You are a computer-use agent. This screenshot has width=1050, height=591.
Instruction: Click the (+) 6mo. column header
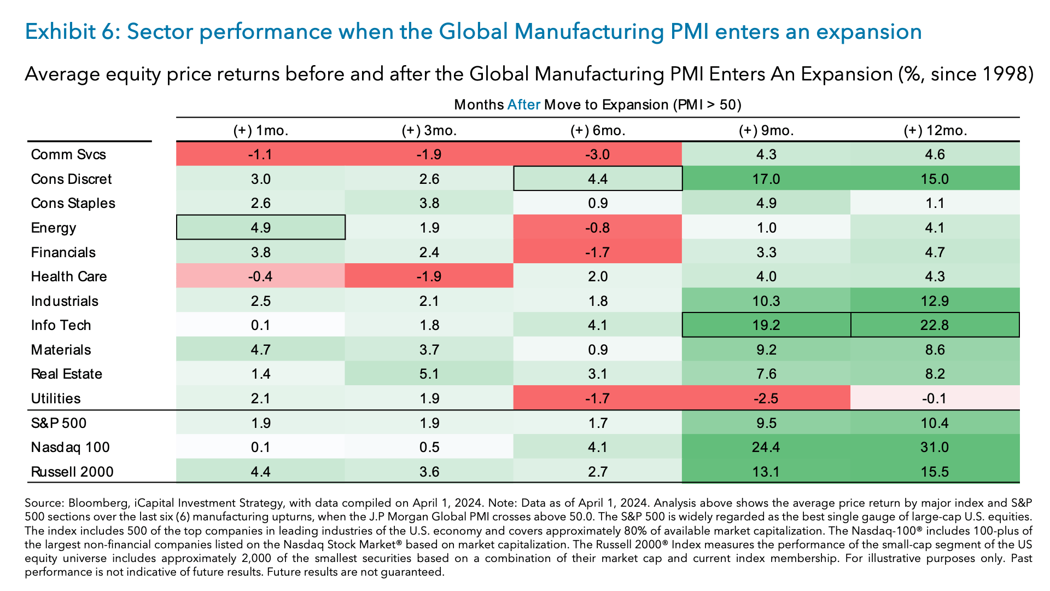(597, 131)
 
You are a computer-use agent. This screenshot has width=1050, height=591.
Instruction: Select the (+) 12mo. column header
(935, 131)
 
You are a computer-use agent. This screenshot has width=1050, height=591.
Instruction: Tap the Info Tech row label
(61, 325)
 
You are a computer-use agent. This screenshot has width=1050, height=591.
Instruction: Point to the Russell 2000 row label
(72, 472)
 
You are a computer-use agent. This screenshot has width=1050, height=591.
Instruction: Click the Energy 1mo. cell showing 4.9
(261, 228)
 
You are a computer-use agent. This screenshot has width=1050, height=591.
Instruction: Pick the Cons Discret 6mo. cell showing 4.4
(598, 179)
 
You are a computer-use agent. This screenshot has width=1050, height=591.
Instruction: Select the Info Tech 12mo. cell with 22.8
(935, 325)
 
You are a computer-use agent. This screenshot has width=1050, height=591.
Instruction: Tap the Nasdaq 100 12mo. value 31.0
(935, 447)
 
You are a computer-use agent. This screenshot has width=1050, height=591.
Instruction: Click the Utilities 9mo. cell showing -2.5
(766, 398)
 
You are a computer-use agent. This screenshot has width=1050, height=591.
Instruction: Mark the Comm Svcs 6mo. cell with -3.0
(597, 154)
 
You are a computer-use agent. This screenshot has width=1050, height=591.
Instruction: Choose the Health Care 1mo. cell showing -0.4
(260, 276)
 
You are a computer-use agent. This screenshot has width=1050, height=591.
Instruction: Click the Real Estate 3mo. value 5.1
(429, 374)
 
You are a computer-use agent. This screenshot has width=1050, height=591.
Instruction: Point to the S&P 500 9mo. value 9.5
(766, 423)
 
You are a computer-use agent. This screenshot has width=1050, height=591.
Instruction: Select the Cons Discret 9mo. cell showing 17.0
(766, 179)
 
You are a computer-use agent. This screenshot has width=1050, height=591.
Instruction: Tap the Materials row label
(61, 350)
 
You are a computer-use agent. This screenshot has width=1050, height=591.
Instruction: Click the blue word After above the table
(523, 105)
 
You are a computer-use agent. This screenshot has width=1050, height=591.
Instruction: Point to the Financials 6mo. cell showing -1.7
(597, 252)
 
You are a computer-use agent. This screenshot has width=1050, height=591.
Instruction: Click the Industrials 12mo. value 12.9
(935, 301)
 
